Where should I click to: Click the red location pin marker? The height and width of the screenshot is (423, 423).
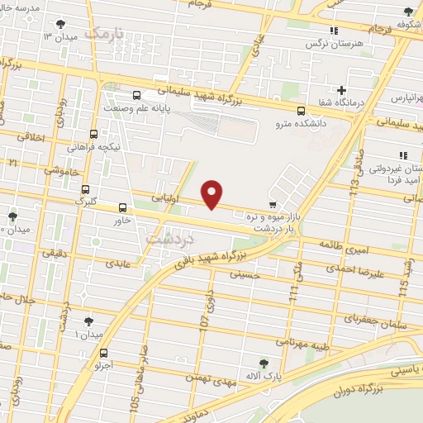[x=212, y=193]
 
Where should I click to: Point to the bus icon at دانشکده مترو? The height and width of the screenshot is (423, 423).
[x=301, y=110]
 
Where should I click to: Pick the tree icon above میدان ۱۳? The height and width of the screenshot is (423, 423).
[x=62, y=25]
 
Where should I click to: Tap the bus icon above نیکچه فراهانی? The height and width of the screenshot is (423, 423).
[x=93, y=133]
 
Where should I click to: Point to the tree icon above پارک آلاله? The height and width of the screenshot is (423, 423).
[x=264, y=363]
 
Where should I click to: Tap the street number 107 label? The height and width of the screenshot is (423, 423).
[x=207, y=316]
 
